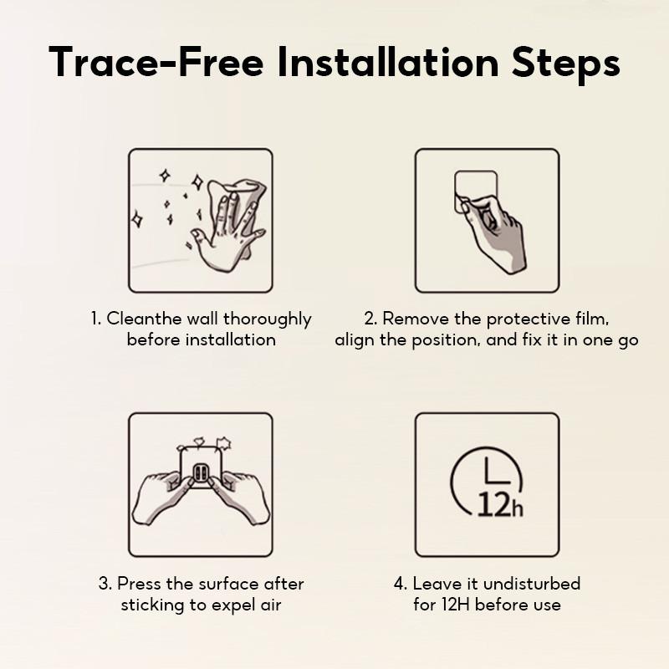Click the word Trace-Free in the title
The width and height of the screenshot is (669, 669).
tap(156, 62)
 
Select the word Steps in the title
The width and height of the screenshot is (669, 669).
tap(566, 65)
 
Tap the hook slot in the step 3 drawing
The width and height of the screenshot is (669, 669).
tap(200, 472)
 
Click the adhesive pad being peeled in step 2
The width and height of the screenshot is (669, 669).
tap(475, 192)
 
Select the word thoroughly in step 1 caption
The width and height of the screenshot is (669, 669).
tap(268, 320)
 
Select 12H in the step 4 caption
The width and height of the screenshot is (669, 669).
tap(456, 605)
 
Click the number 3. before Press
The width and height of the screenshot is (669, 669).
tap(105, 583)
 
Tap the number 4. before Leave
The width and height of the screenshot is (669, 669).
tap(401, 583)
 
